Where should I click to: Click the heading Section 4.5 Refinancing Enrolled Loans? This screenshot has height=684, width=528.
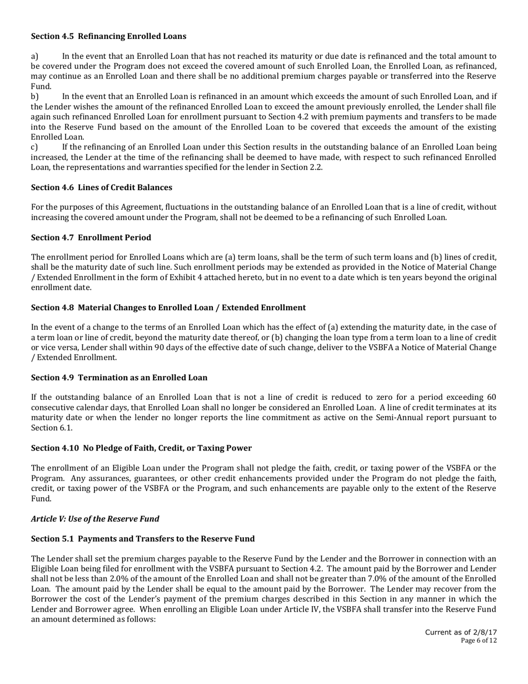(x=108, y=36)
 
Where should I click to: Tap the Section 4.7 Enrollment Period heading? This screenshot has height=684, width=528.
(x=91, y=237)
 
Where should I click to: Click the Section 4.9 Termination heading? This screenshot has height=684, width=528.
(x=119, y=378)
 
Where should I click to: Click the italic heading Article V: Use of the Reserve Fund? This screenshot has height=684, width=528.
(x=95, y=518)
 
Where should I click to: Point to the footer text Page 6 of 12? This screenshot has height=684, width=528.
(x=479, y=641)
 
